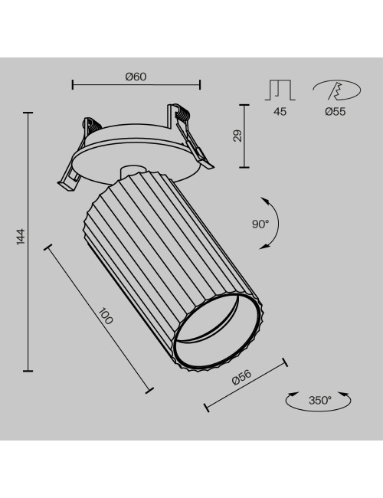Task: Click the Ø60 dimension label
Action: click(136, 76)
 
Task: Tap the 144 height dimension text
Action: click(21, 238)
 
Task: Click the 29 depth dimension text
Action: click(237, 136)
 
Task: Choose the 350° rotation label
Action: click(319, 399)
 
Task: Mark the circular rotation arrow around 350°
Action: click(319, 400)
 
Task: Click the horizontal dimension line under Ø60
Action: click(136, 85)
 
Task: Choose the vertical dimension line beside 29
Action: click(245, 136)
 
